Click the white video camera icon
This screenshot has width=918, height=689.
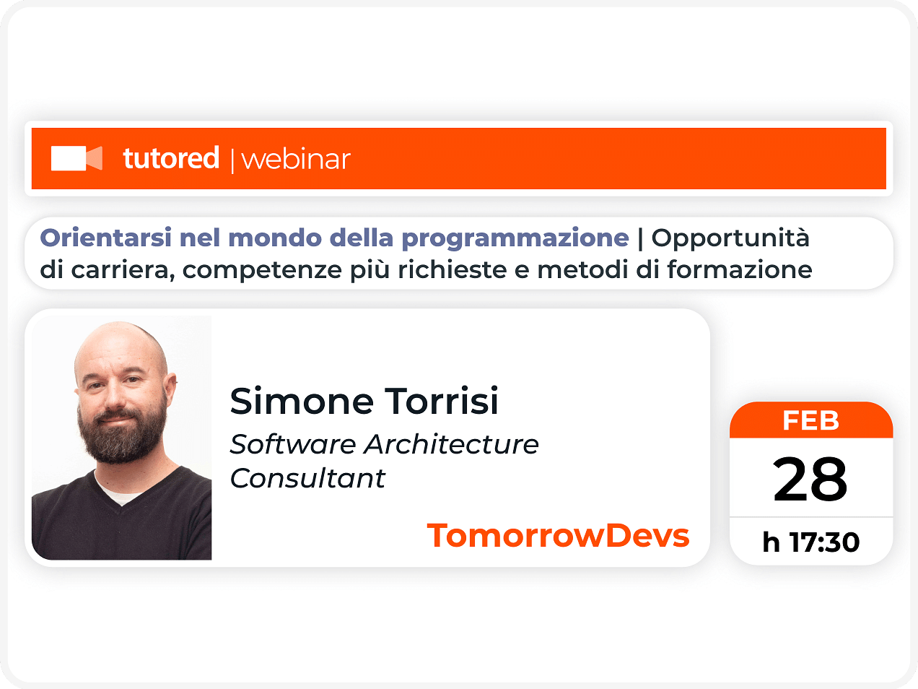click(76, 158)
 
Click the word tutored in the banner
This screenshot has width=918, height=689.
click(171, 157)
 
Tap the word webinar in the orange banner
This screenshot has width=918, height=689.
click(296, 160)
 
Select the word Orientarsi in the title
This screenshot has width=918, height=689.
click(105, 238)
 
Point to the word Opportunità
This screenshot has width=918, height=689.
click(730, 239)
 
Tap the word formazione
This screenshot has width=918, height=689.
click(740, 269)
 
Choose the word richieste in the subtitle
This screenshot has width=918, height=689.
click(452, 269)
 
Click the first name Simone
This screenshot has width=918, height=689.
click(302, 401)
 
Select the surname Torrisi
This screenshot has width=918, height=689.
click(441, 400)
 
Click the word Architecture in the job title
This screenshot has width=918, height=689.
click(451, 444)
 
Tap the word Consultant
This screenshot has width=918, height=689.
click(307, 478)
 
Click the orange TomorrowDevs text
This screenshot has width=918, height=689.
click(558, 535)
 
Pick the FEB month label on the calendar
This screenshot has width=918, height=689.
click(810, 420)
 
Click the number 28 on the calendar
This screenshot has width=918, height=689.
click(810, 480)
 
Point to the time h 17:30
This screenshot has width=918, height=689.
click(810, 542)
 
